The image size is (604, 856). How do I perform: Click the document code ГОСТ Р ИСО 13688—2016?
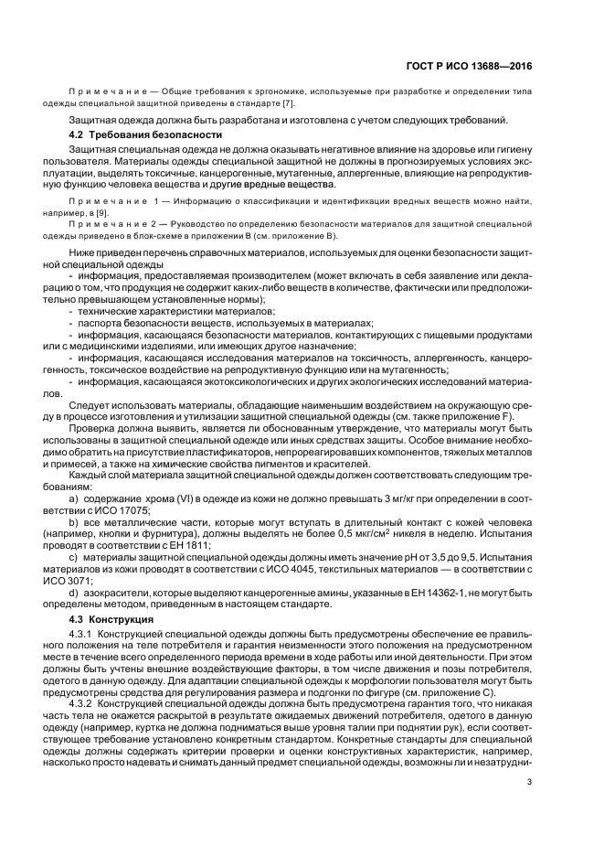(x=468, y=66)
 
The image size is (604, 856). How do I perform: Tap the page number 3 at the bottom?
(x=529, y=781)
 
